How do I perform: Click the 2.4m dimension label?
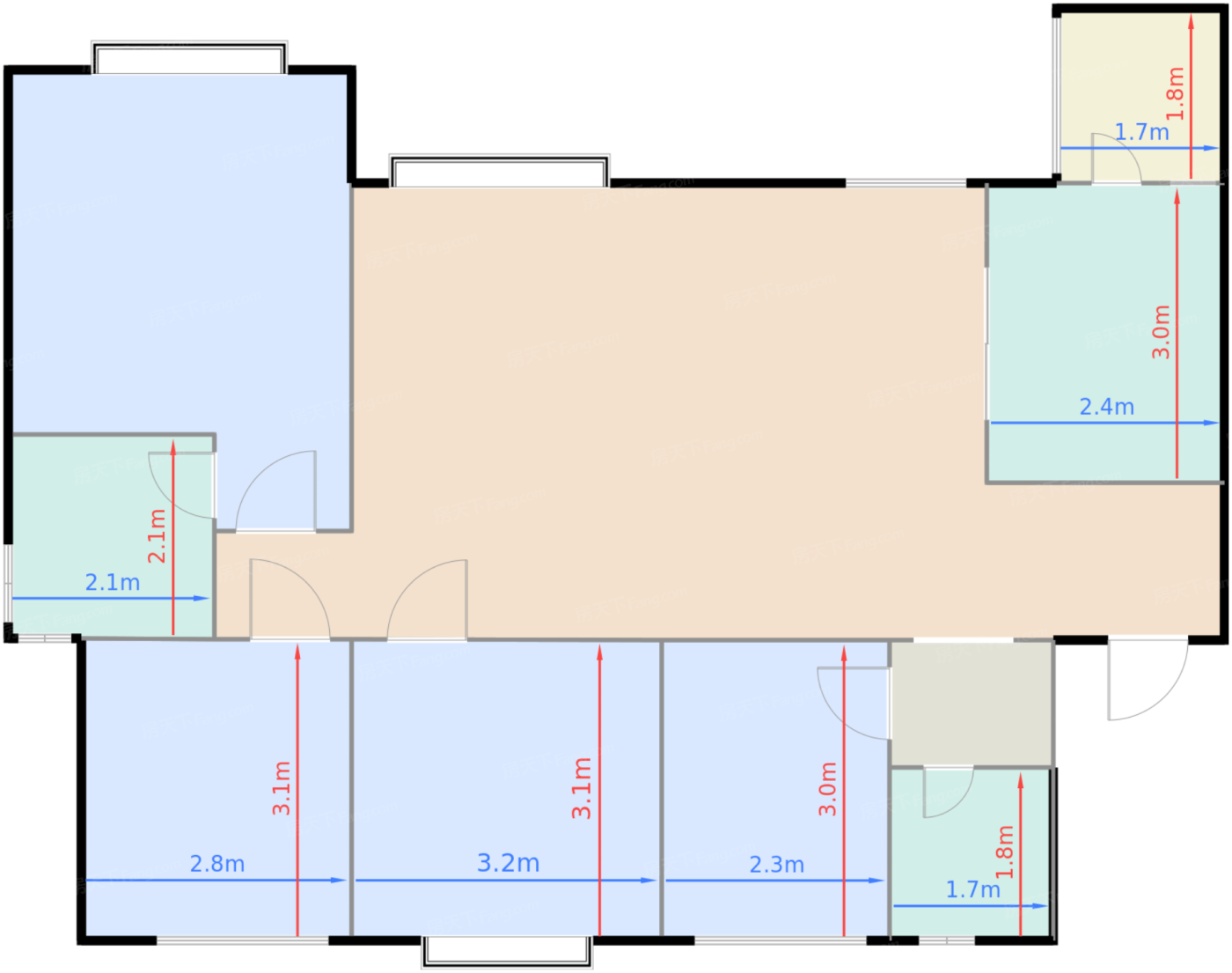[1106, 407]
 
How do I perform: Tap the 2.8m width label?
[217, 864]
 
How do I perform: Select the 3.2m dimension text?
[508, 863]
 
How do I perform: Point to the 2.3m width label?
[776, 865]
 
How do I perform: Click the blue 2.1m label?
[113, 583]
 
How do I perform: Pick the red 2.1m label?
[157, 535]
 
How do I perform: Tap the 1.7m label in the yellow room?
[1141, 132]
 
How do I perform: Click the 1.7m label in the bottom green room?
[972, 890]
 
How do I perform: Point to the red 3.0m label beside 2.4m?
[1161, 332]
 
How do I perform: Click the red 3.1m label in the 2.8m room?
[281, 788]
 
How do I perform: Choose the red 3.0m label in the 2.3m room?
[827, 789]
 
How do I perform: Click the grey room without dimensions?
[972, 704]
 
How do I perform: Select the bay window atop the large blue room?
[189, 58]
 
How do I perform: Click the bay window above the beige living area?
[499, 171]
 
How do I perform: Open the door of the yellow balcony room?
[1116, 158]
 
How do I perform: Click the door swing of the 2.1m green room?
[182, 485]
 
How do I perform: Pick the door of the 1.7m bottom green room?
[948, 792]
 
